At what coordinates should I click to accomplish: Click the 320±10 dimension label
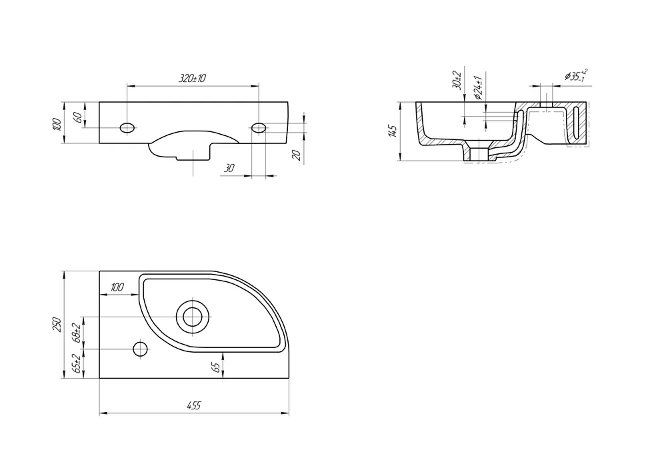193,78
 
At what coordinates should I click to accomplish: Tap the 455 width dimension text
194,406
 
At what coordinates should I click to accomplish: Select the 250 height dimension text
57,325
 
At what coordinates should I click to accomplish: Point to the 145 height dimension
393,131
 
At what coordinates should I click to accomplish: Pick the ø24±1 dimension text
477,88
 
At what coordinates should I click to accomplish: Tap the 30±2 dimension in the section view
457,80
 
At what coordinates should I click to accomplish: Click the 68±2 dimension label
77,333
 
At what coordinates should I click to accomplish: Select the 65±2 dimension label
77,364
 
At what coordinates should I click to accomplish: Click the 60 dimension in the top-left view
77,117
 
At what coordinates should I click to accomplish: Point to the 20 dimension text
297,155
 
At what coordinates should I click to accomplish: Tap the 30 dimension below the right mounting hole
229,168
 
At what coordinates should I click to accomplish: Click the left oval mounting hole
127,127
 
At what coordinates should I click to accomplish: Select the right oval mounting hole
259,127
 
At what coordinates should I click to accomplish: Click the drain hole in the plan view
193,316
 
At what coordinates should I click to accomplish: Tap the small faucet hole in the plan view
141,349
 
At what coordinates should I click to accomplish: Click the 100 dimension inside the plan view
117,287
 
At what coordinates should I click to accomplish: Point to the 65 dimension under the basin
216,367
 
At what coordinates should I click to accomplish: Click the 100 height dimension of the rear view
58,125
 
